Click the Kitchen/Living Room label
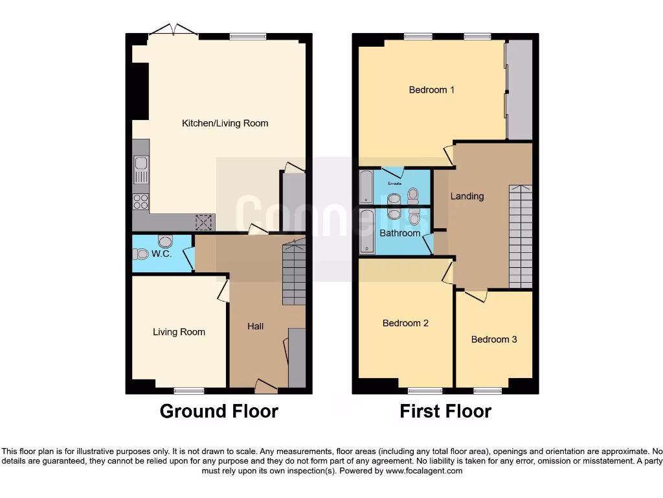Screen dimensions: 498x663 [225, 123]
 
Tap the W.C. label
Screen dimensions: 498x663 [161, 254]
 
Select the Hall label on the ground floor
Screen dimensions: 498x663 [255, 326]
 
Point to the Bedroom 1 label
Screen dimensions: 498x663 [431, 90]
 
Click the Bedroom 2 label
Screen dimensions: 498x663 [405, 323]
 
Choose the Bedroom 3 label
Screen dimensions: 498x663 [493, 339]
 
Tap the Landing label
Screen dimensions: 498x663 [467, 196]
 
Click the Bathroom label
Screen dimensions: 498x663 [399, 233]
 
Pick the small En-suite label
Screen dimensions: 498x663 [394, 184]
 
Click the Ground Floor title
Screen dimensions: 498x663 [219, 411]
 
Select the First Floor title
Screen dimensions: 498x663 [445, 411]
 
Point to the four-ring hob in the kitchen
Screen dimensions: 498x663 [140, 202]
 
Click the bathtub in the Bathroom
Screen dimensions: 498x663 [367, 231]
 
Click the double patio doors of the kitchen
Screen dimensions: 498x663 [173, 30]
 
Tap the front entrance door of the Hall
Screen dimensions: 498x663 [266, 386]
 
